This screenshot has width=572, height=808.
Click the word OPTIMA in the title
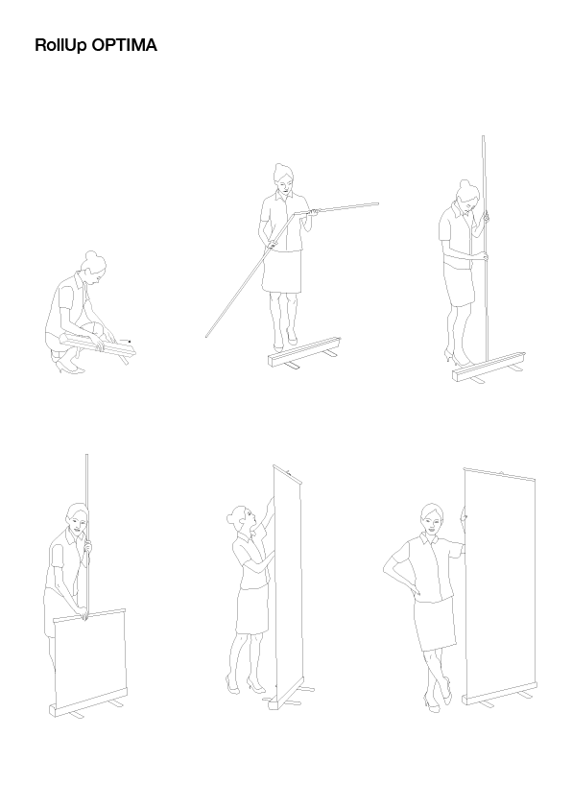pos(124,45)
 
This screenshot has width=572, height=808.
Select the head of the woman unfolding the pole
pos(283,178)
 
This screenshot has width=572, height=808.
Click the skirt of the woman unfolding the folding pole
pos(281,272)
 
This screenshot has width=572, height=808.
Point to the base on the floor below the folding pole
pos(304,353)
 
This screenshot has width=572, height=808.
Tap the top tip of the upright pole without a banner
pos(483,136)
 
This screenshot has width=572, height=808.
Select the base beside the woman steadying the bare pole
pos(489,368)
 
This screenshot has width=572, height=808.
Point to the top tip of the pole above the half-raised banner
pos(86,455)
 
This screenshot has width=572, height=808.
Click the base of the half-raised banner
pos(87,702)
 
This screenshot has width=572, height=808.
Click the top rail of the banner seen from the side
pos(287,474)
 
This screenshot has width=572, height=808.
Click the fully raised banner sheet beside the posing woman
pos(500,583)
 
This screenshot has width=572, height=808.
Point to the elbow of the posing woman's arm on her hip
pos(386,569)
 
